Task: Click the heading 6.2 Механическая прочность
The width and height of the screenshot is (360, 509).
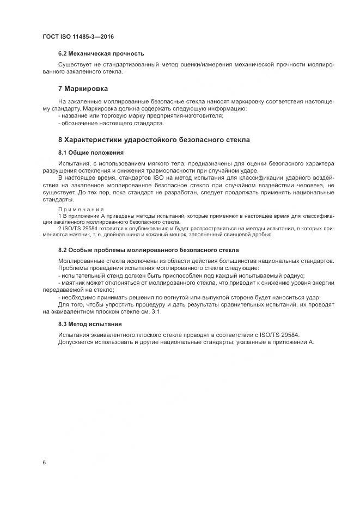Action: pos(101,53)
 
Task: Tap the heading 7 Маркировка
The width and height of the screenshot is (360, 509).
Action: pos(83,88)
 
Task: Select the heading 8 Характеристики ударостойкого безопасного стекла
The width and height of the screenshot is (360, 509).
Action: pos(154,140)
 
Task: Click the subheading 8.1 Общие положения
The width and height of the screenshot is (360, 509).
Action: pos(91,152)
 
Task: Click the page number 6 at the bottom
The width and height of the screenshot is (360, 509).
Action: pos(44,462)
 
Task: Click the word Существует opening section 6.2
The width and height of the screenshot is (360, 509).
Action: pos(74,65)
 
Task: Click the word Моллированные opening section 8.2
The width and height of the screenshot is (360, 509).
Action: pos(82,261)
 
